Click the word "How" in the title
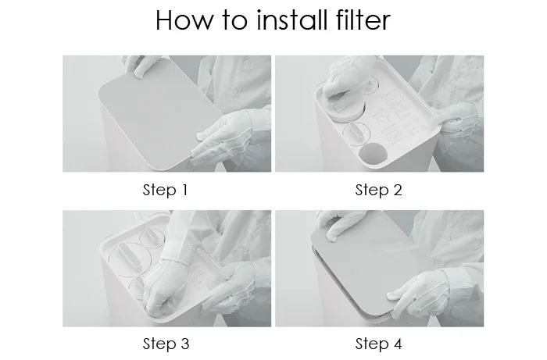tap(184, 20)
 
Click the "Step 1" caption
tap(166, 191)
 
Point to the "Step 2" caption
tap(378, 191)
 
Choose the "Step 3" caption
tap(166, 344)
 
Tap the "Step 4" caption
tap(378, 344)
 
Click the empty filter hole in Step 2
tap(373, 152)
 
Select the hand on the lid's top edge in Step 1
tap(140, 65)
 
